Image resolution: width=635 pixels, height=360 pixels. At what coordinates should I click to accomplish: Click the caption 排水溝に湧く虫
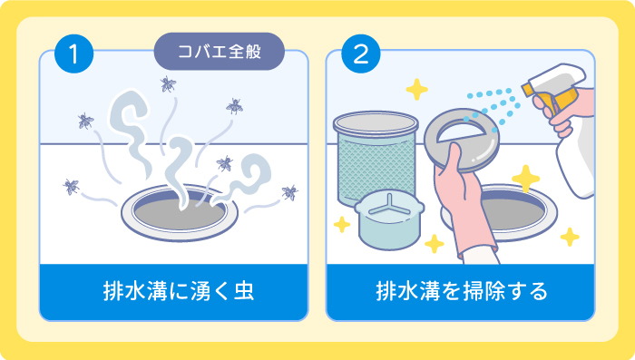click(174, 292)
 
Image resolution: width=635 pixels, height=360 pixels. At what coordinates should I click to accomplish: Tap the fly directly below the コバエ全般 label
click(168, 85)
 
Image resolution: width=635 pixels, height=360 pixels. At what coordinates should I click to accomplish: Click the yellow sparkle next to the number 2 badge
click(416, 89)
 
